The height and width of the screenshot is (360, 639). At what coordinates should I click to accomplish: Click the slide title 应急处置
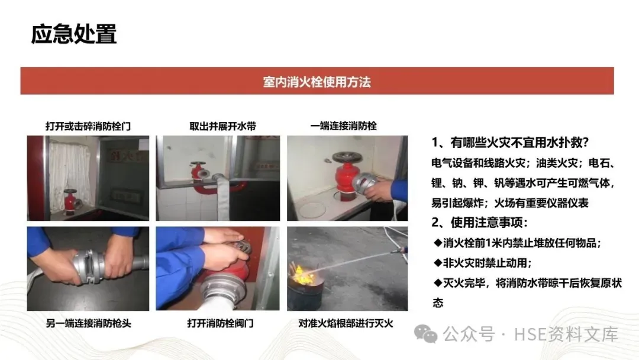point(74,34)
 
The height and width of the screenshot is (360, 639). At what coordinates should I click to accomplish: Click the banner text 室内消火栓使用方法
point(317,82)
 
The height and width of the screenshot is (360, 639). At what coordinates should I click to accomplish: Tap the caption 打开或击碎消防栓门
point(88,126)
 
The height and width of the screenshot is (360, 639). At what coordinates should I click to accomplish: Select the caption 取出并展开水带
point(222,126)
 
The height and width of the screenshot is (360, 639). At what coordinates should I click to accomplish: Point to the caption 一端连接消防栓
point(344,126)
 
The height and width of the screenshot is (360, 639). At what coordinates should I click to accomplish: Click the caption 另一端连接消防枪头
point(88,323)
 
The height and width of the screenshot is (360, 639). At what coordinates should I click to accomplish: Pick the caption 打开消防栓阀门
point(221,323)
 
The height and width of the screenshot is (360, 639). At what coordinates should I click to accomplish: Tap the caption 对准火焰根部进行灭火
point(346,323)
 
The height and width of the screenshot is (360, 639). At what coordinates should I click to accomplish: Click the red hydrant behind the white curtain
point(70,201)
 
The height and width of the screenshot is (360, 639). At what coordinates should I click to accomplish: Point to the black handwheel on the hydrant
point(347,157)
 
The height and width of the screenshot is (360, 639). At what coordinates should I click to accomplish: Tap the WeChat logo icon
point(425,335)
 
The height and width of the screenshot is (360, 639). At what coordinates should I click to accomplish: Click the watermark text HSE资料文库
point(566,335)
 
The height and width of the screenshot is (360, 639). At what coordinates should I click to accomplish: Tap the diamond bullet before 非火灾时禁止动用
point(438,262)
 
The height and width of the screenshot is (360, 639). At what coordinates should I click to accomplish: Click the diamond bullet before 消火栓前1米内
point(438,243)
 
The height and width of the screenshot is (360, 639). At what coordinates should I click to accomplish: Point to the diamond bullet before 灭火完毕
point(438,282)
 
